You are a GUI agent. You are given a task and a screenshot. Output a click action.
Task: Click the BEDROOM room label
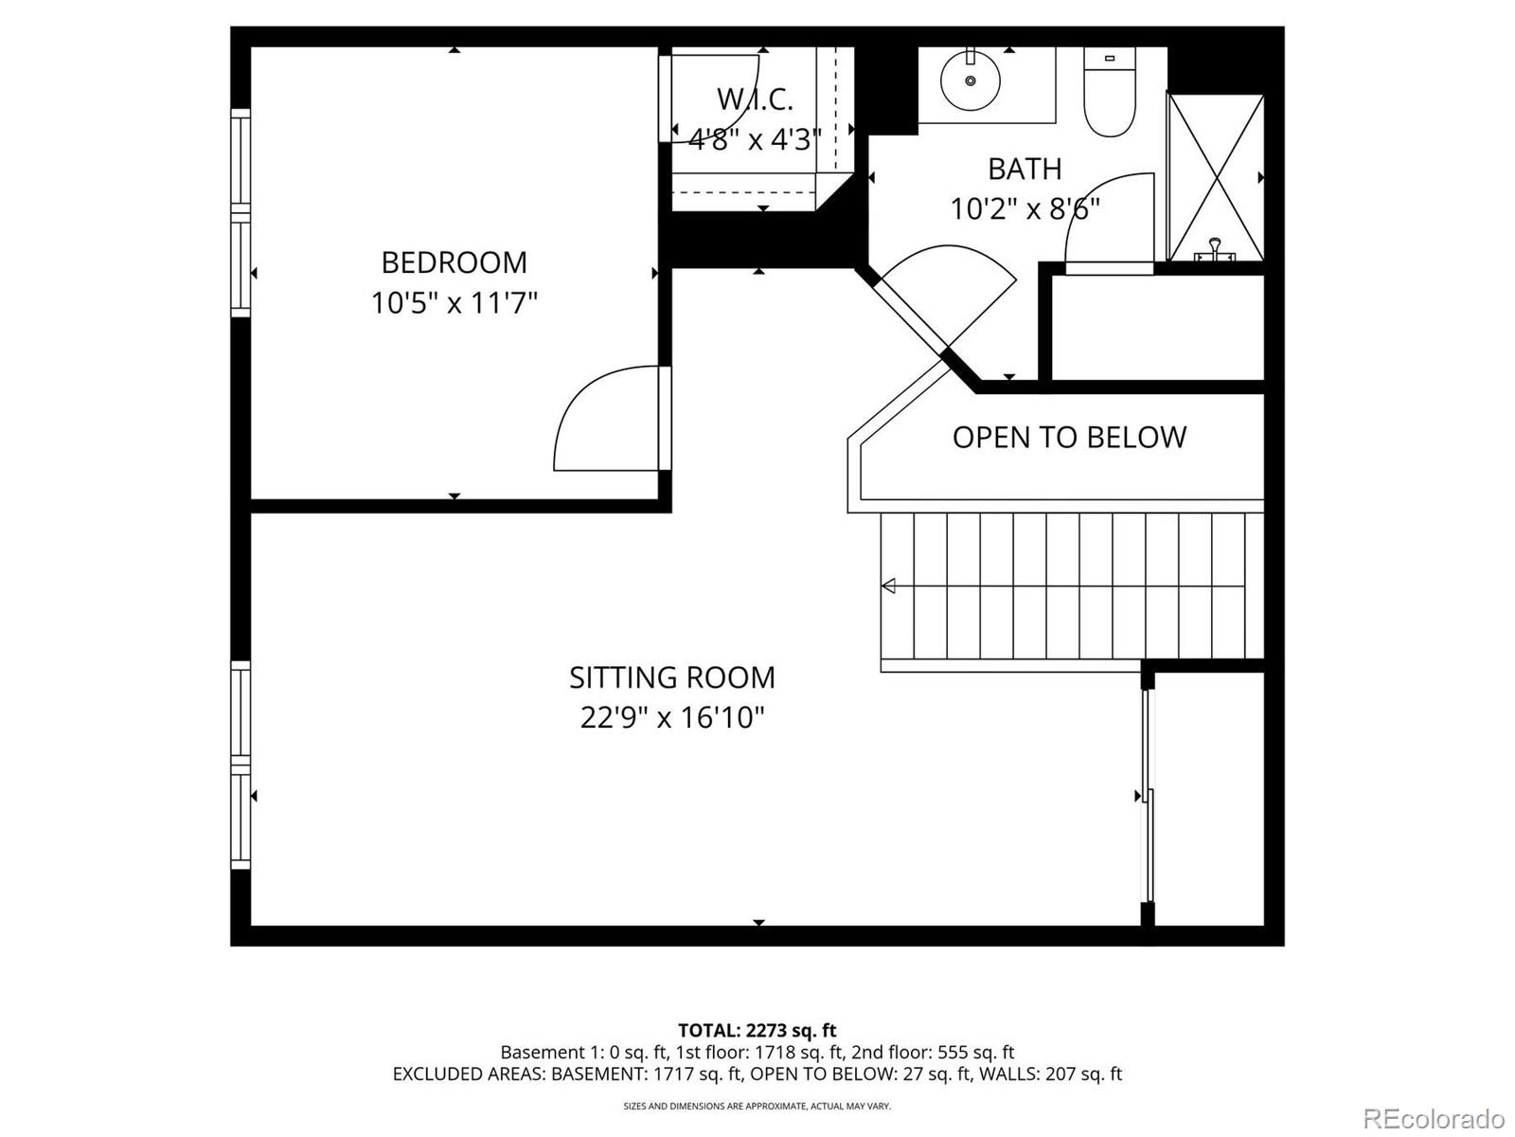point(454,262)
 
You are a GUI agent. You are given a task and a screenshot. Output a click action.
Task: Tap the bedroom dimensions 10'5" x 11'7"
point(454,303)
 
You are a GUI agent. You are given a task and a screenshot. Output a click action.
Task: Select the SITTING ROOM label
point(671,677)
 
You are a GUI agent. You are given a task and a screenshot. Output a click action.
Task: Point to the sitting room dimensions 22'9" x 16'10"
point(671,718)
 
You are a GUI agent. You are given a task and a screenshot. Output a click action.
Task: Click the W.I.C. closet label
point(755,99)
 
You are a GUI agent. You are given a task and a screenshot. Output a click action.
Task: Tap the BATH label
point(1025,169)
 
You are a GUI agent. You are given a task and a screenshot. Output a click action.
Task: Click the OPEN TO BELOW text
point(1069,437)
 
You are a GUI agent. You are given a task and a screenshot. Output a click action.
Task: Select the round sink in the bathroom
point(971,81)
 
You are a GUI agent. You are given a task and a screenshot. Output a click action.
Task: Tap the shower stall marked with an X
point(1216,176)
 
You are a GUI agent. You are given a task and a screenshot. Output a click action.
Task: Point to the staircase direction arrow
point(888,587)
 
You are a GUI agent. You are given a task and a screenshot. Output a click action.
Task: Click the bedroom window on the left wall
point(241,212)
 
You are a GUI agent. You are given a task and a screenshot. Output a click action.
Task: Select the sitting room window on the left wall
point(241,765)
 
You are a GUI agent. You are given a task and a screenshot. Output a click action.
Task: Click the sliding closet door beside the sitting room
point(1148,796)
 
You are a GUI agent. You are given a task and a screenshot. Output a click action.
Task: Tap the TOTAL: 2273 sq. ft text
point(757,1030)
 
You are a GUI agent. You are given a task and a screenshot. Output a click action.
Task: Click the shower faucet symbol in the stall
point(1214,252)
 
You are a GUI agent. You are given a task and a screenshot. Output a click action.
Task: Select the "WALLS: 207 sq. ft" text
point(1050,1074)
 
